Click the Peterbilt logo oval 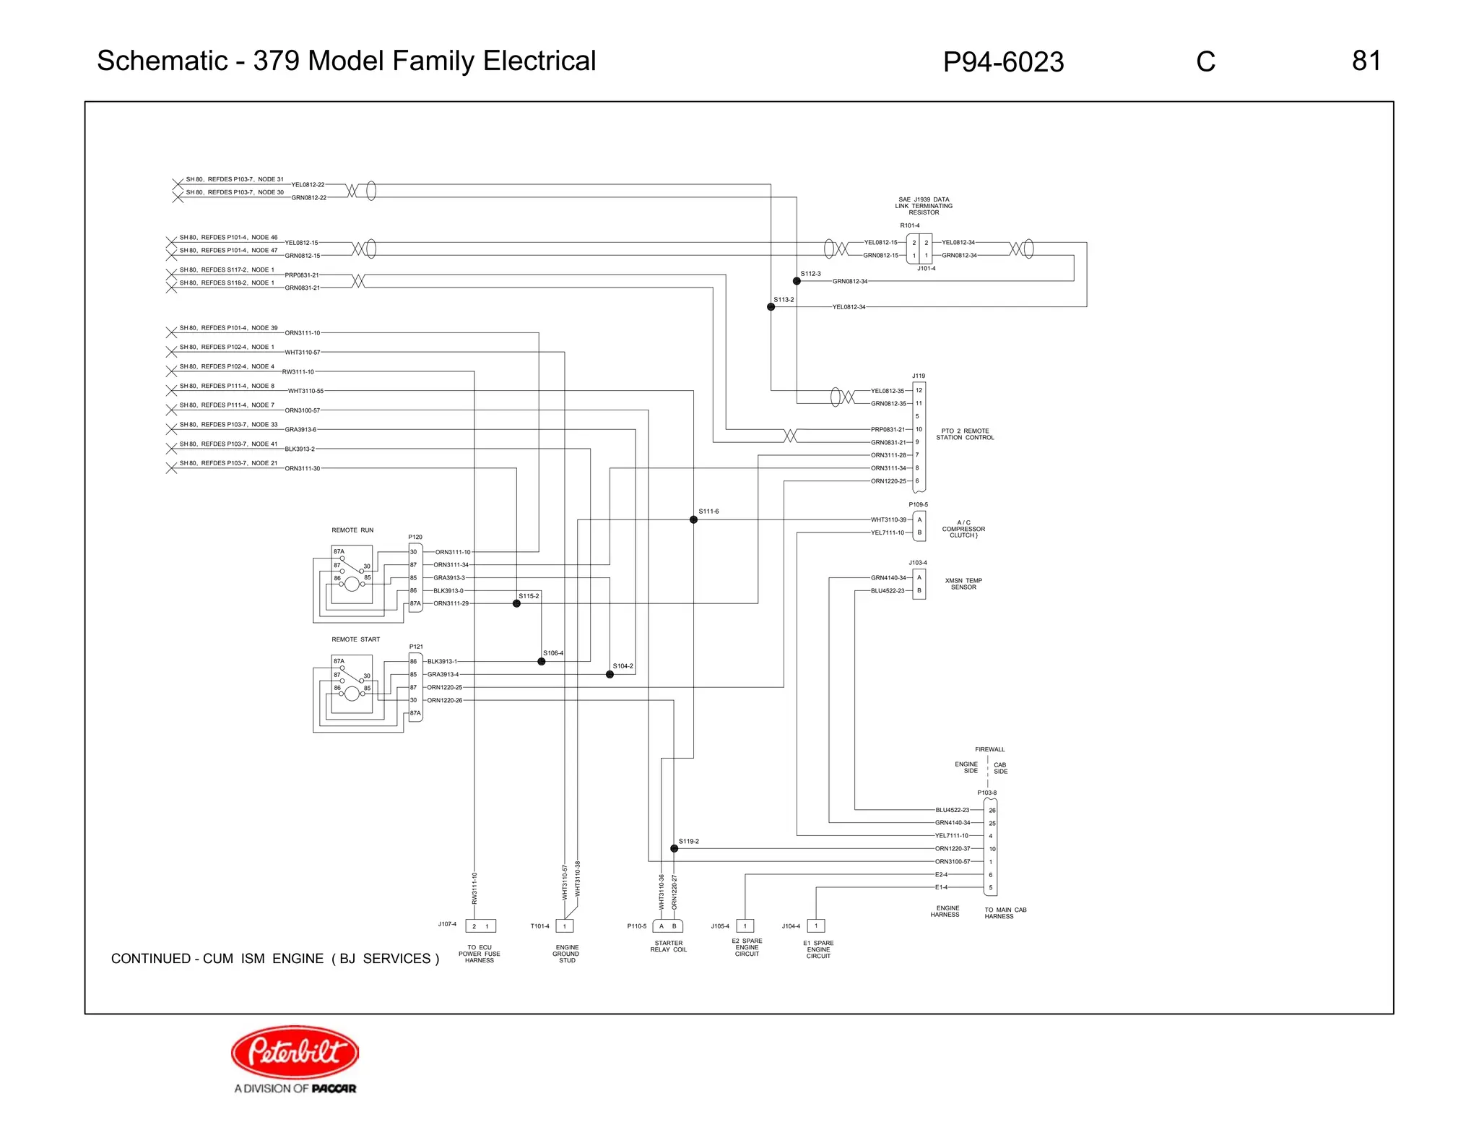[x=295, y=1051]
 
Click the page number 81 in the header [x=1366, y=61]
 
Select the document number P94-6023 [x=1002, y=62]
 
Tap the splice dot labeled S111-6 [x=693, y=519]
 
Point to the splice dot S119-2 [x=674, y=848]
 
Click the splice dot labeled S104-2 [x=610, y=674]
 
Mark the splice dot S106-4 [x=542, y=661]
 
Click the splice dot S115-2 [x=516, y=603]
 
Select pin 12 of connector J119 [x=919, y=390]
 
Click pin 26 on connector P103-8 [x=992, y=810]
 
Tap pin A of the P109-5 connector [x=919, y=519]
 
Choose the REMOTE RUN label [x=352, y=530]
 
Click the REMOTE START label [x=355, y=639]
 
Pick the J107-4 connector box [x=480, y=926]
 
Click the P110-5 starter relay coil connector [x=667, y=926]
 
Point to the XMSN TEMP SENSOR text [x=963, y=584]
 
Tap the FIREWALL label [x=989, y=749]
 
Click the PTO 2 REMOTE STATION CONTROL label [x=965, y=434]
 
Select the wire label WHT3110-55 [x=305, y=391]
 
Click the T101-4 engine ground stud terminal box [x=565, y=926]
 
